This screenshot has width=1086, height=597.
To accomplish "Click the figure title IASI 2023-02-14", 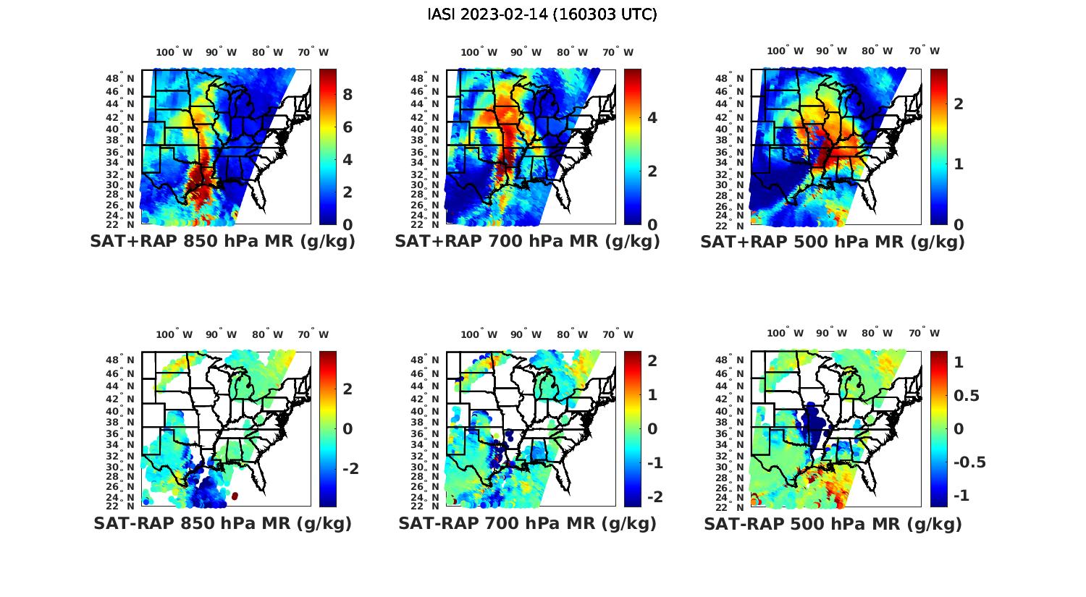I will [542, 14].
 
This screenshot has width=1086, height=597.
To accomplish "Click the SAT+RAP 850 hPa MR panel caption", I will [222, 242].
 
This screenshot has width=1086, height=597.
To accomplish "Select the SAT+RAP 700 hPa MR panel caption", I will [527, 242].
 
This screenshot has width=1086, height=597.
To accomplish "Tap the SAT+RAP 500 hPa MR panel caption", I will [832, 242].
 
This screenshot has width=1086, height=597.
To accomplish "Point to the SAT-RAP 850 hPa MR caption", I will [222, 523].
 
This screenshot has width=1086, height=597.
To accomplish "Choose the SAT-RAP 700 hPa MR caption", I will [527, 523].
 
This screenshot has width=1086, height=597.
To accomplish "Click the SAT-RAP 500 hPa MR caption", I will [833, 523].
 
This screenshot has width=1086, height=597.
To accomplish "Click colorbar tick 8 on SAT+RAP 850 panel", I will [348, 95].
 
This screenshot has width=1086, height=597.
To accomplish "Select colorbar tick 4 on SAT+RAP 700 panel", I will [652, 118].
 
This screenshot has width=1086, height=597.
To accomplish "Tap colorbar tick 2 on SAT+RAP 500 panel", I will [959, 103].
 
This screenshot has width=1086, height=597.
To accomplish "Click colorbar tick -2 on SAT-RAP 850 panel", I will [350, 469].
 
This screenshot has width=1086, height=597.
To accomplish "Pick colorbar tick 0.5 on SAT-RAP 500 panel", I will [967, 396].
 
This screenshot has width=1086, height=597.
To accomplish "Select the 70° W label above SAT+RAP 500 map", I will [925, 51].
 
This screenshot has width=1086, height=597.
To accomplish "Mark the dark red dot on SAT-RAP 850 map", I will [235, 496].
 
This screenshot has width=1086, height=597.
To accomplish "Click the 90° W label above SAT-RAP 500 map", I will [831, 333].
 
